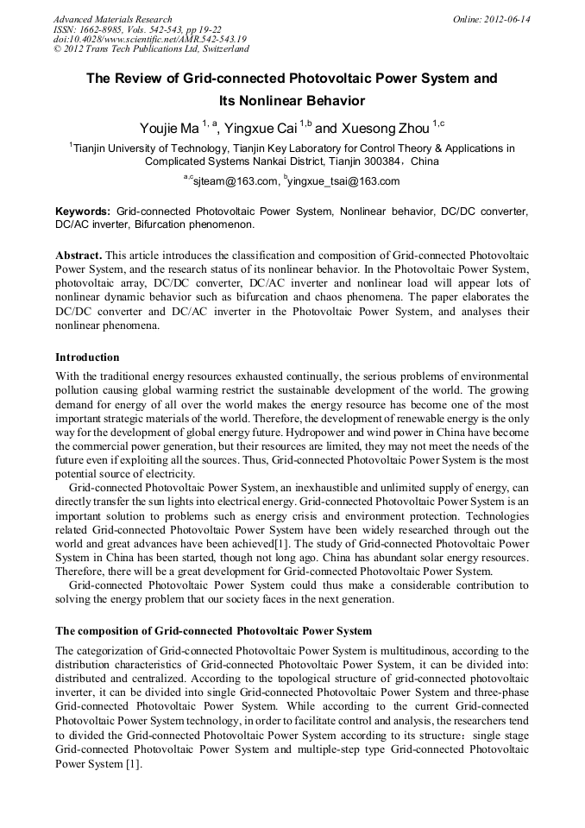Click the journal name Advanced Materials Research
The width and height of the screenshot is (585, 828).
(112, 19)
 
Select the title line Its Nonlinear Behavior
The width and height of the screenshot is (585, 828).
(292, 101)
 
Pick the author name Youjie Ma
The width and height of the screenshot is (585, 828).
(168, 129)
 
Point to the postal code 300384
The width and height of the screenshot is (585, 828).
(385, 161)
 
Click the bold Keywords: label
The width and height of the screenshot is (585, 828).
(83, 212)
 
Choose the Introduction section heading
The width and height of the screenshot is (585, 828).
(87, 357)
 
